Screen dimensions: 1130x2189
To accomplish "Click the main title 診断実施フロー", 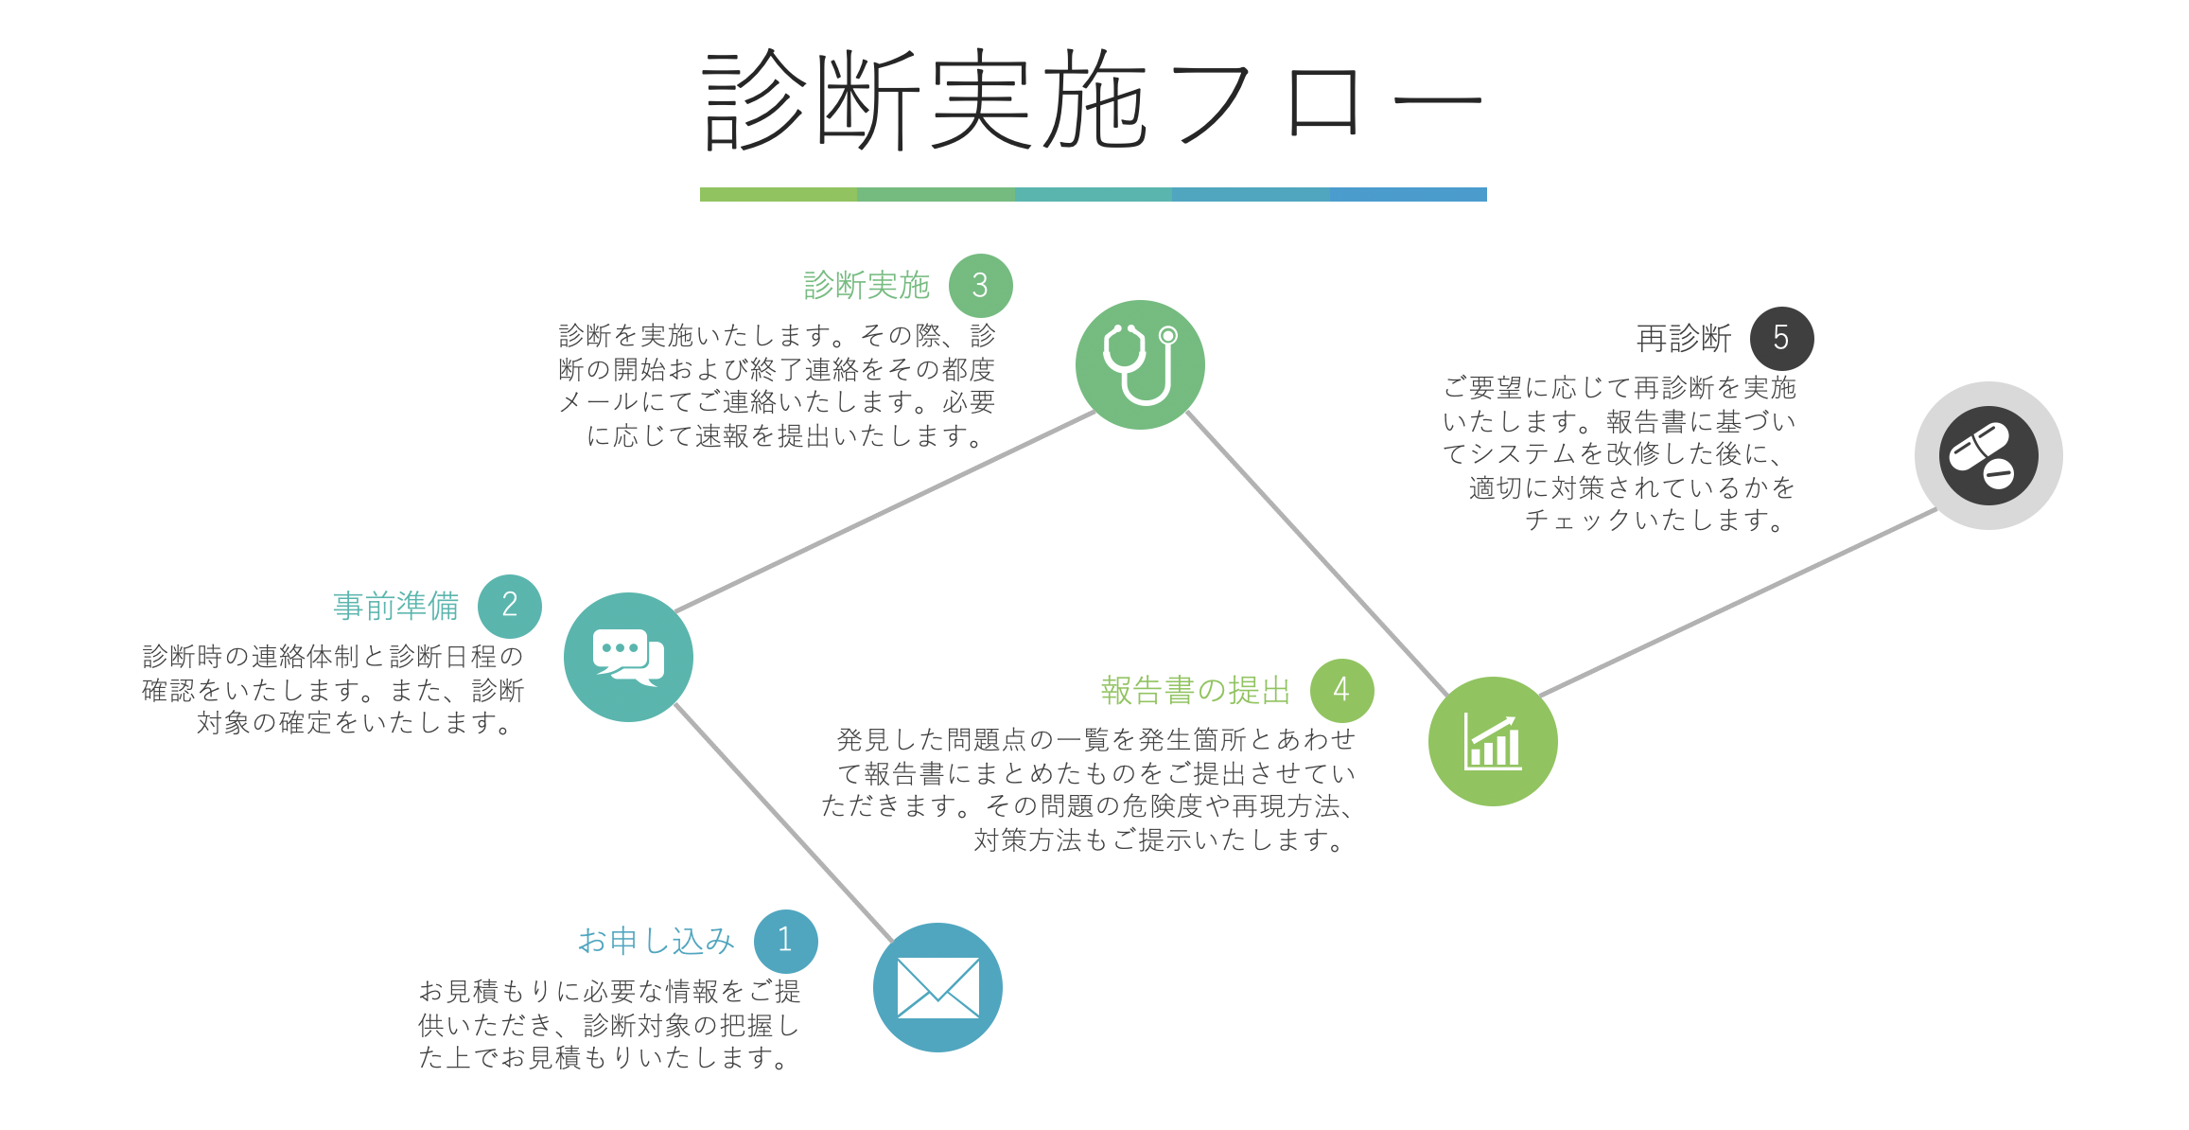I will [x=1093, y=99].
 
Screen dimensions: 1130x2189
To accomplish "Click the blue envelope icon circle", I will [x=937, y=987].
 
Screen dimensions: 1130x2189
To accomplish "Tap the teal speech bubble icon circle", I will [x=628, y=657].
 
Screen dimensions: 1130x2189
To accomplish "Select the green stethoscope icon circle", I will [x=1140, y=364].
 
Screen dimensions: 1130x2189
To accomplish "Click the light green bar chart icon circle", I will [x=1493, y=741].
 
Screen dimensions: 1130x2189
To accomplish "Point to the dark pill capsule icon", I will [x=1988, y=456].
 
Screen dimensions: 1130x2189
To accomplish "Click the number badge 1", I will [x=785, y=941].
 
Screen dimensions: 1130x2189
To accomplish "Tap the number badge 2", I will [x=509, y=606].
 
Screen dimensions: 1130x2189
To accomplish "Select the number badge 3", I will [x=980, y=286].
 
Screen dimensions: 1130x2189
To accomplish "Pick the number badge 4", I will [x=1341, y=690].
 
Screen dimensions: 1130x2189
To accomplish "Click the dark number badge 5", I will [x=1781, y=338].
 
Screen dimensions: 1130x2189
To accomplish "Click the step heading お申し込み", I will [x=656, y=941].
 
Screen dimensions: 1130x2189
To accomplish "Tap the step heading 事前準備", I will [x=395, y=606].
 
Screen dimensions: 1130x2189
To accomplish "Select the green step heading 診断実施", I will [x=866, y=286].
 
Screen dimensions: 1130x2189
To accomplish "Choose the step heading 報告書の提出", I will [x=1195, y=691].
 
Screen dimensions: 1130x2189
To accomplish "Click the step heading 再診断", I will [x=1683, y=339].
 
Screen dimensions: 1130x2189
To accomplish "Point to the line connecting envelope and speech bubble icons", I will [x=783, y=821].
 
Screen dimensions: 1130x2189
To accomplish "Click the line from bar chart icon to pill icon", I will [x=1739, y=603].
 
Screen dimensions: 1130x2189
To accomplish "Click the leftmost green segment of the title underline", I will [x=778, y=194].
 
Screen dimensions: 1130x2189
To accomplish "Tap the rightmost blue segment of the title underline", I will [x=1408, y=194].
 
